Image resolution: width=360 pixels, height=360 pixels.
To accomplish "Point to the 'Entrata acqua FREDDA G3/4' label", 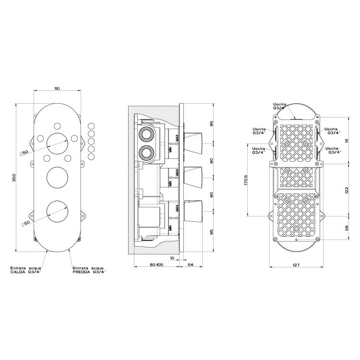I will pos(89,270).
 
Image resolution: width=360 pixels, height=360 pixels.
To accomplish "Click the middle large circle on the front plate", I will pos(57,177).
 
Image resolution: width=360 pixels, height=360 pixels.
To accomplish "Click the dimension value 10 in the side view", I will pos(171,258).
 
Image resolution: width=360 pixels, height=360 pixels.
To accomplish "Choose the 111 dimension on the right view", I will pos(346,140).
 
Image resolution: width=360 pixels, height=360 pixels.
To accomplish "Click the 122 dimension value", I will pos(346,191).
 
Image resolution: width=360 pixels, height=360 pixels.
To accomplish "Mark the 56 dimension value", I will pos(346,228).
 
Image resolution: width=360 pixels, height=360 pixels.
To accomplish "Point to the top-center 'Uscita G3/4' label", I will pos(279,106).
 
